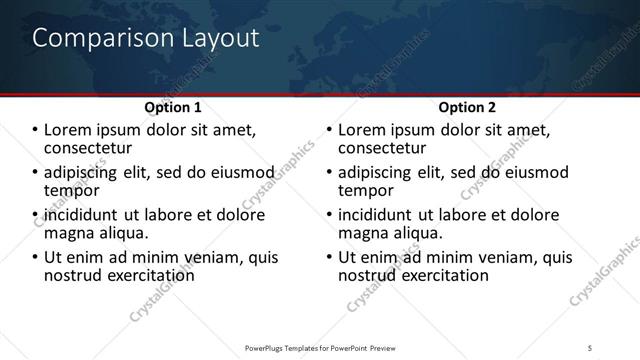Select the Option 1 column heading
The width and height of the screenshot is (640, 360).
[173, 107]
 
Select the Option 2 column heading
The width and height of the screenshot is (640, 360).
[466, 107]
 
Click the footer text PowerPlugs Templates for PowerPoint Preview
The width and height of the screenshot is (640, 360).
[319, 346]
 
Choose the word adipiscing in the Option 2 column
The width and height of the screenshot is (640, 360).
[380, 172]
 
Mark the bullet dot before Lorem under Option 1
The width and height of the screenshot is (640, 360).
[36, 130]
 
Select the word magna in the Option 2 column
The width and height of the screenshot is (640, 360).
[362, 232]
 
